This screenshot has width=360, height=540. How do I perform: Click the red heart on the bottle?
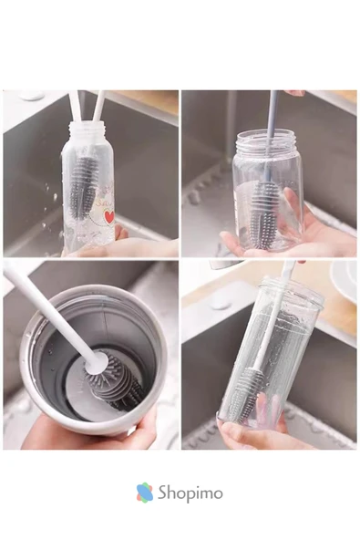pos(109,217)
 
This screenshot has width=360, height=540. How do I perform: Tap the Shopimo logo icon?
pos(145,493)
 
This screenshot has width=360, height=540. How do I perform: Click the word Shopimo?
pos(190,493)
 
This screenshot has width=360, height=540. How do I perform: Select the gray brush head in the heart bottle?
pos(83,184)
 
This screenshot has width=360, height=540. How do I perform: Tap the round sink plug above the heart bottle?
pos(32,95)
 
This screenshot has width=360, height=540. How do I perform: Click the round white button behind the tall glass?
pos(221,304)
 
